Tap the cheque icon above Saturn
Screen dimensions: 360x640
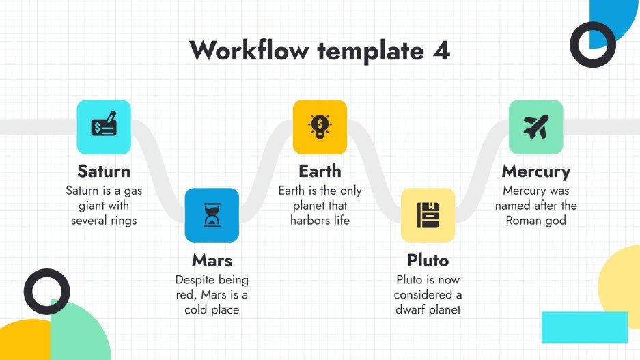[103, 126]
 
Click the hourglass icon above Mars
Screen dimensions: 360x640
[212, 215]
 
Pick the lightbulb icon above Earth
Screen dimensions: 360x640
[320, 126]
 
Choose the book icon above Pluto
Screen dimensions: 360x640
[428, 215]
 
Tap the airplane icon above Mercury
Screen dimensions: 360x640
[535, 126]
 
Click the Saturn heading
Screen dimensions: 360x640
[104, 170]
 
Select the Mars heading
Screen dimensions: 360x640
[212, 260]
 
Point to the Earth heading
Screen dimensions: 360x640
[320, 170]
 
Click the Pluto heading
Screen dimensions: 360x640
[428, 260]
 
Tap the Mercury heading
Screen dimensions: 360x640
[535, 170]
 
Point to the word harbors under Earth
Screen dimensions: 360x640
[310, 221]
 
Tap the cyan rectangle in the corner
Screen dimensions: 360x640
[584, 327]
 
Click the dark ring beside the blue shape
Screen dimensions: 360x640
[593, 44]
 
